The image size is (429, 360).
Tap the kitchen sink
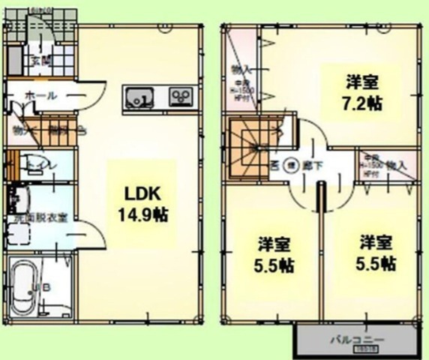point(139,96)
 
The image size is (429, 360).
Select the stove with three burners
point(180,96)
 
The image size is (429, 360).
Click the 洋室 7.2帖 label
point(364,91)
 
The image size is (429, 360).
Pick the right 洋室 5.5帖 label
point(376,253)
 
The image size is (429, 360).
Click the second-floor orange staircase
point(247,146)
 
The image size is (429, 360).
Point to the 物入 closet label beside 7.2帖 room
point(240,70)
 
